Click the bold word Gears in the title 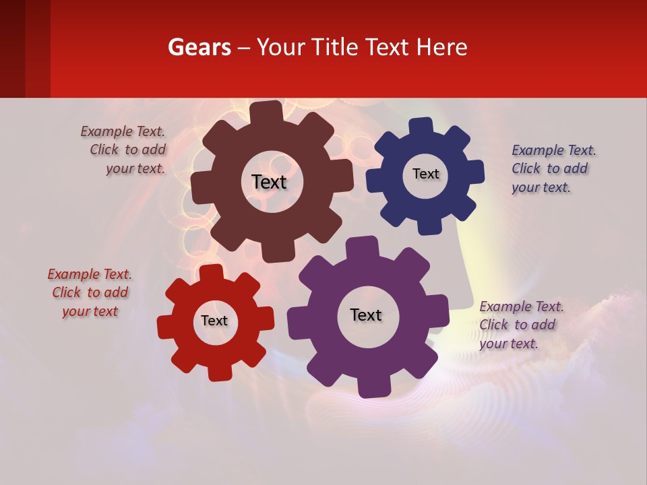coord(198,47)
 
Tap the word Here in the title coord(441,47)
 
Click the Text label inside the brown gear coord(269,182)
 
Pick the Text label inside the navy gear coord(425,174)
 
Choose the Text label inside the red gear coord(214,321)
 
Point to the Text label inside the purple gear coord(366,315)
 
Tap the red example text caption coord(90,292)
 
